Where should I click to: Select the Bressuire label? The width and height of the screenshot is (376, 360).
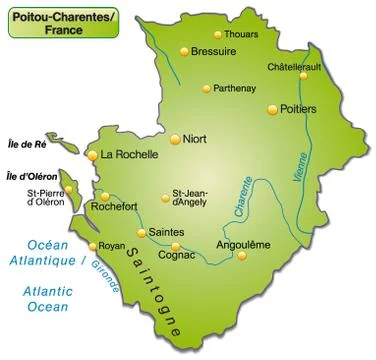tap(214, 51)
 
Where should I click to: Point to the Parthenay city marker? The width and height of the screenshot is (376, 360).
tap(207, 88)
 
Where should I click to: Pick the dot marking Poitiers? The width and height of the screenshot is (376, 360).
tap(276, 108)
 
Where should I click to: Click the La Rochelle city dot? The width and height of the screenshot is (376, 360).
tap(93, 155)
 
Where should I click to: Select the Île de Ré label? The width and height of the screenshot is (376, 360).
tap(27, 142)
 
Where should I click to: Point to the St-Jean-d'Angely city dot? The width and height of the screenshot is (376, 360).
tap(166, 198)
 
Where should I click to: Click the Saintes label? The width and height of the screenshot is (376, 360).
tap(166, 232)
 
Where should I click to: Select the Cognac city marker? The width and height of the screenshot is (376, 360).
tap(176, 246)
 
